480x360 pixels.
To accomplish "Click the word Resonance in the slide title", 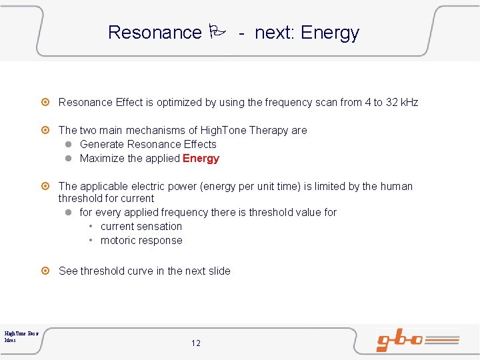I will (x=154, y=33).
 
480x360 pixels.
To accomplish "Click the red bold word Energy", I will (x=201, y=159).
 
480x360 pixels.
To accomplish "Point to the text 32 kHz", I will (x=402, y=103).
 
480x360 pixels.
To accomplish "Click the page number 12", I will (x=195, y=343).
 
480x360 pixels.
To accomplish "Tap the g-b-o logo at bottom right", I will (x=417, y=339).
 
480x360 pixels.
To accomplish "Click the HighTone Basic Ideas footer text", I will (x=21, y=336).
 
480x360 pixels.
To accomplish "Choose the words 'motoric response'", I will (x=141, y=241).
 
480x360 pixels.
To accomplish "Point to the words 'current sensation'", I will (x=141, y=227).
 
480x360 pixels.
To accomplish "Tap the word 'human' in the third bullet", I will (x=397, y=187).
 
